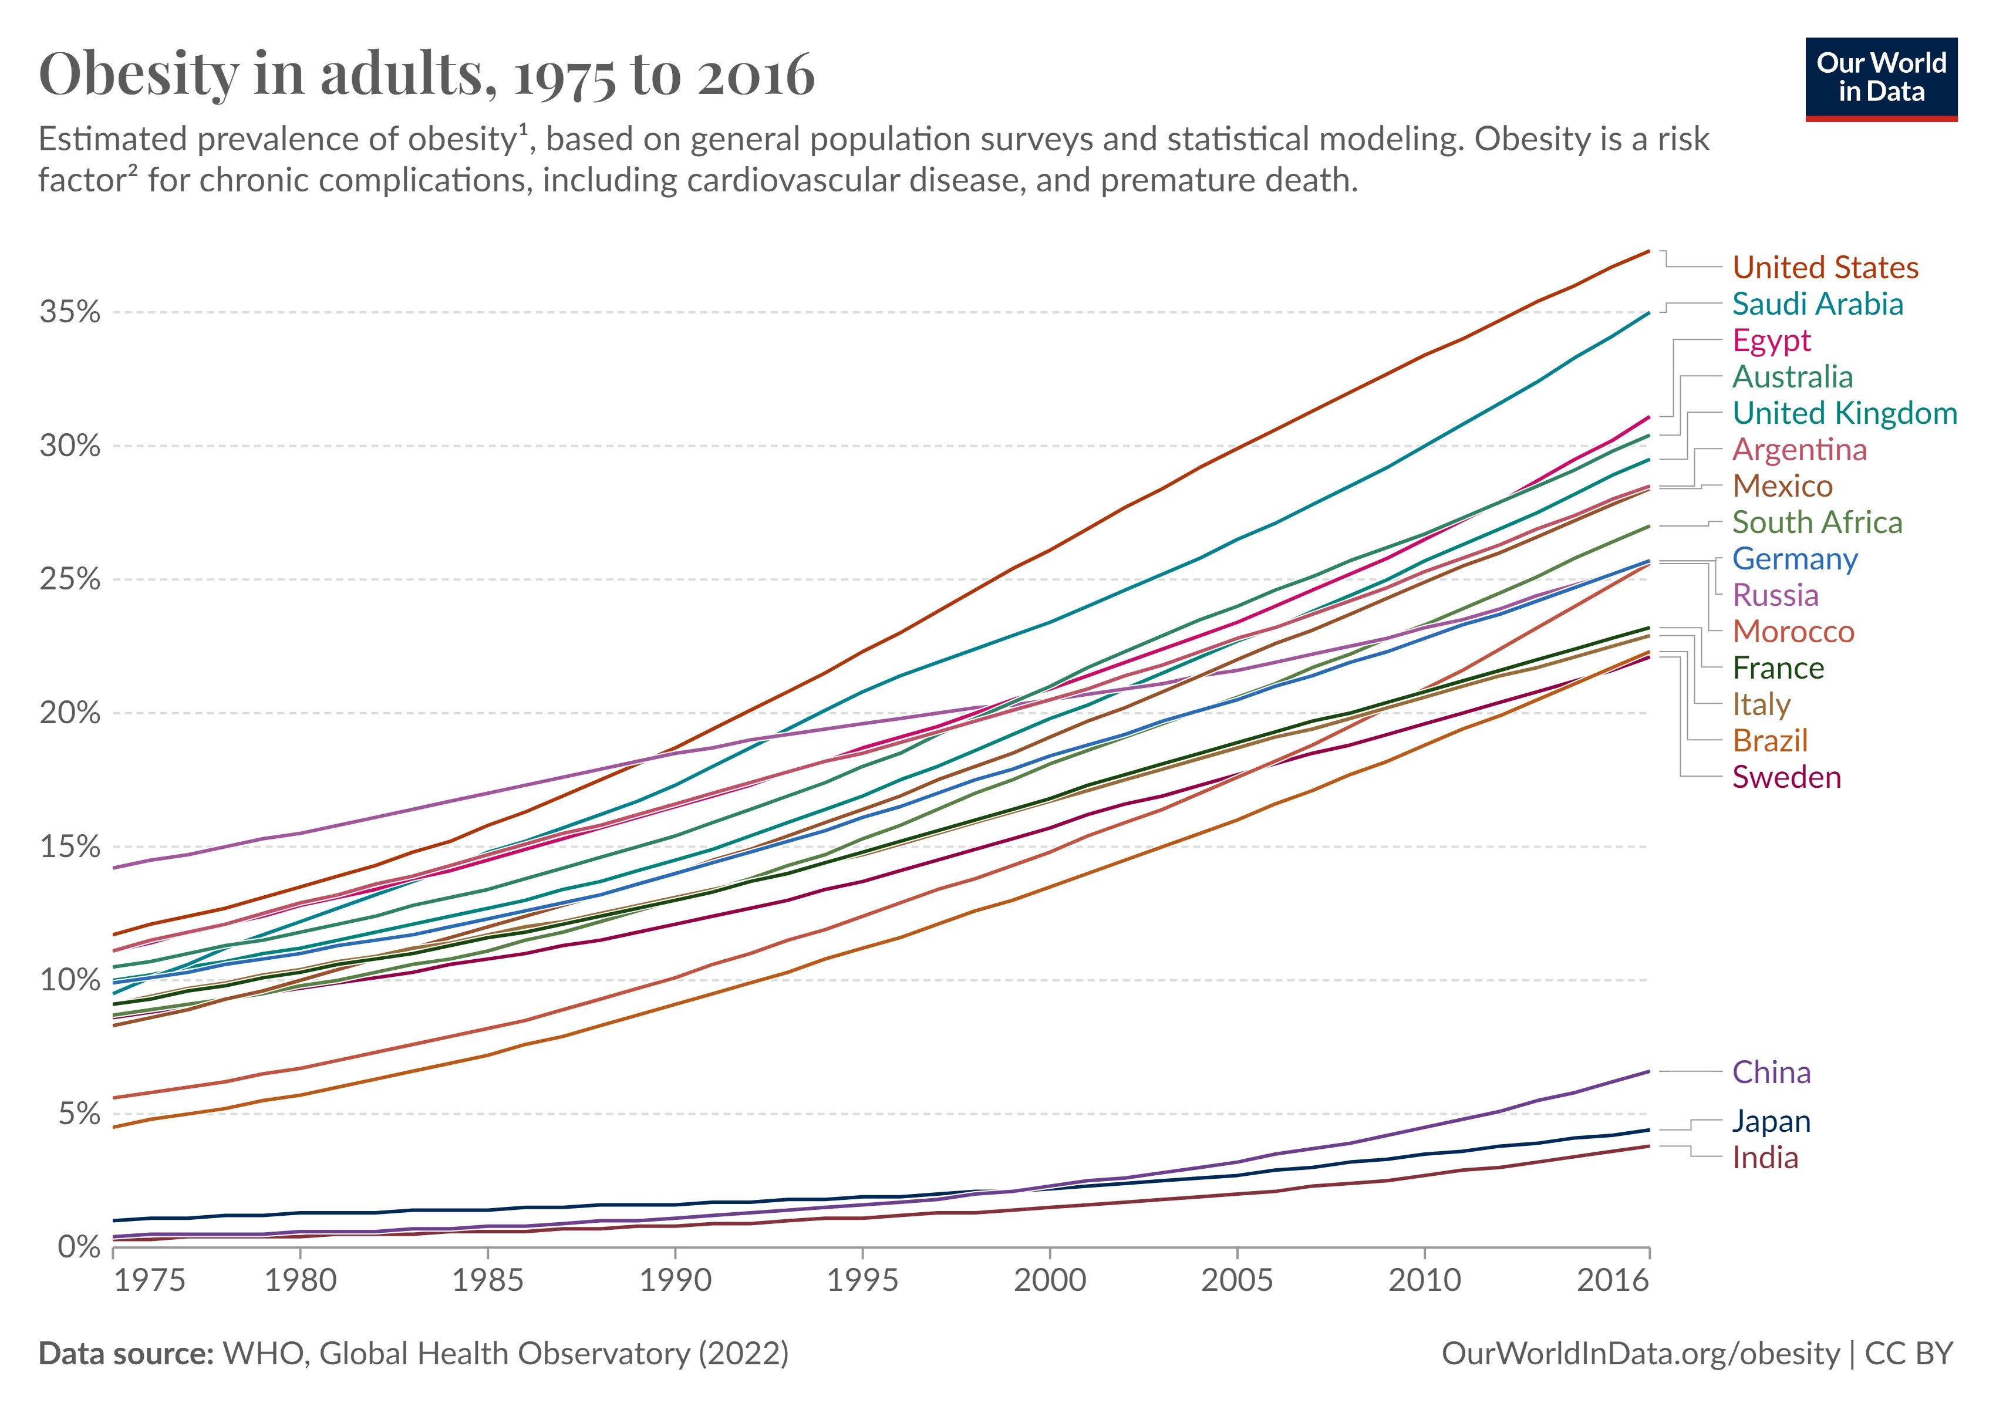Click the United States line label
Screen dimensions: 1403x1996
tap(1825, 268)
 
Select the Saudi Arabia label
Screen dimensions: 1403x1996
tap(1817, 304)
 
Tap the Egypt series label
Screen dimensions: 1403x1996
tap(1771, 340)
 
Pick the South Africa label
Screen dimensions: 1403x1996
tap(1817, 522)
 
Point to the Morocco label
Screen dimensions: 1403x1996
tap(1792, 632)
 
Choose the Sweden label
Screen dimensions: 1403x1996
tap(1786, 777)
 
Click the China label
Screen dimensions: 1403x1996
tap(1771, 1073)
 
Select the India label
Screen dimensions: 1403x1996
tap(1765, 1158)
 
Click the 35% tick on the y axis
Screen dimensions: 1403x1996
tap(69, 312)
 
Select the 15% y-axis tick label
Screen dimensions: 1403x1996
tap(69, 846)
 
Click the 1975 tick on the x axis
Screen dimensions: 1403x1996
tap(150, 1280)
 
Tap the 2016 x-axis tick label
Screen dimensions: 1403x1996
tap(1613, 1280)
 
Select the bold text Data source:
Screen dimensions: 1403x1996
tap(126, 1354)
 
